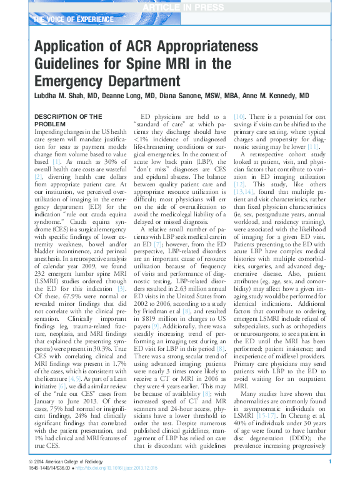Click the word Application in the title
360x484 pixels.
[x=71, y=48]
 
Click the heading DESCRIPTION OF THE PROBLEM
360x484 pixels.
[x=67, y=120]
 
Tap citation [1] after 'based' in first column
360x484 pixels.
[x=56, y=162]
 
